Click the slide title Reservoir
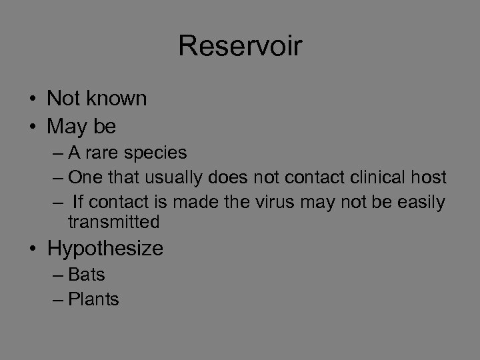pyautogui.click(x=240, y=47)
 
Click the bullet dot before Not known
pyautogui.click(x=33, y=99)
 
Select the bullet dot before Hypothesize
pyautogui.click(x=33, y=249)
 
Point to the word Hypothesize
pyautogui.click(x=105, y=249)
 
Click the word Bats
pyautogui.click(x=87, y=274)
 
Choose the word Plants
pyautogui.click(x=93, y=299)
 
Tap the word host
pyautogui.click(x=429, y=177)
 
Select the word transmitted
pyautogui.click(x=114, y=222)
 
